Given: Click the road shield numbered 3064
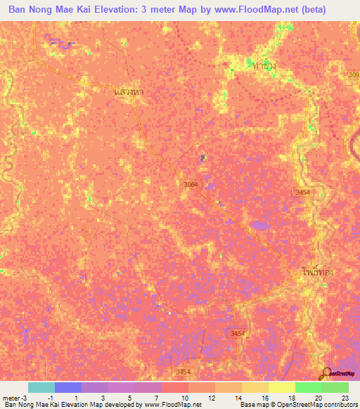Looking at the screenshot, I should (191, 184).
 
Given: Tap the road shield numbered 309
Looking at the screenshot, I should (353, 74).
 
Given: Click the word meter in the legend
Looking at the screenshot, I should (10, 397).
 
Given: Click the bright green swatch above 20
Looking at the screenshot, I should (308, 387).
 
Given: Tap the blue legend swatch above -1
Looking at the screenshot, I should (67, 387).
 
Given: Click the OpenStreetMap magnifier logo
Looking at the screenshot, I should (325, 373).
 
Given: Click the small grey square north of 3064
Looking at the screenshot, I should (202, 158).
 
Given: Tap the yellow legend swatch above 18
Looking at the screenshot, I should (281, 387).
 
